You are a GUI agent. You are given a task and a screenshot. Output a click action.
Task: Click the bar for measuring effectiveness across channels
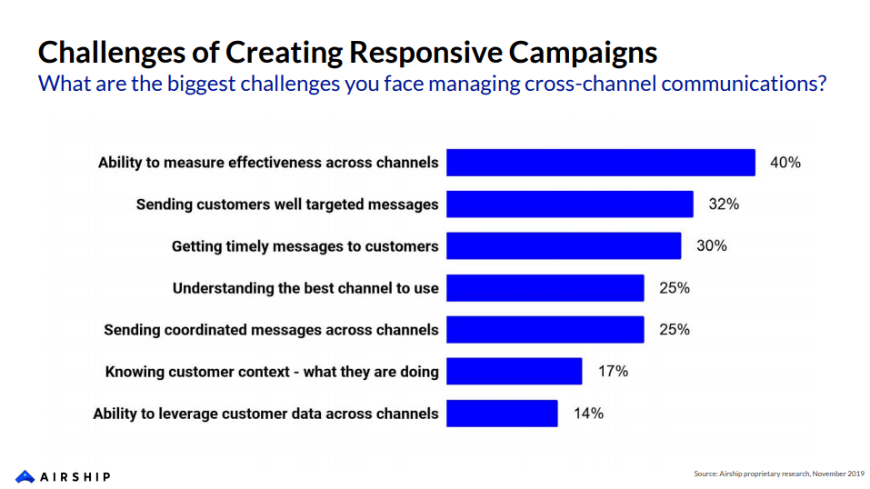pyautogui.click(x=601, y=163)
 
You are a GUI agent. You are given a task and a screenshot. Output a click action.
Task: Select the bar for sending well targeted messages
pyautogui.click(x=570, y=205)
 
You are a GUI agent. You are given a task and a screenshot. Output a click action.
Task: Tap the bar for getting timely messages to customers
pyautogui.click(x=564, y=246)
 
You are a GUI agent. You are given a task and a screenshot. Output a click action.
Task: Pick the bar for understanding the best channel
pyautogui.click(x=545, y=288)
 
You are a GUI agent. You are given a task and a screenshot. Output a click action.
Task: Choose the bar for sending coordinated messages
pyautogui.click(x=545, y=330)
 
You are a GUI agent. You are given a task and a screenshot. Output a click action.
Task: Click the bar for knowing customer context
pyautogui.click(x=515, y=371)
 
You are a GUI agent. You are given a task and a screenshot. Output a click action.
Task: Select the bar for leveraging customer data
pyautogui.click(x=502, y=414)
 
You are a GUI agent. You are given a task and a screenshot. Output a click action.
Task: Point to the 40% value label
pyautogui.click(x=785, y=163)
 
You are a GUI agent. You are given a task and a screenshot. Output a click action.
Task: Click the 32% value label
pyautogui.click(x=724, y=205)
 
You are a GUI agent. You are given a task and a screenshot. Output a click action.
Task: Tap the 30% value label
pyautogui.click(x=711, y=246)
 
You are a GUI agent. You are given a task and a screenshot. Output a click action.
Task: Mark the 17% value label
pyautogui.click(x=613, y=371)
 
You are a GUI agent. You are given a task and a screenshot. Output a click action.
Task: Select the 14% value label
pyautogui.click(x=588, y=414)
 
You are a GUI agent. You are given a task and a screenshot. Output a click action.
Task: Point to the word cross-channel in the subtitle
pyautogui.click(x=583, y=85)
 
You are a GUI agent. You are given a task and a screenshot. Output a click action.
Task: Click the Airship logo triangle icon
pyautogui.click(x=25, y=475)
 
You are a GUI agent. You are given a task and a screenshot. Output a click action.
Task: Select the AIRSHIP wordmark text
pyautogui.click(x=76, y=476)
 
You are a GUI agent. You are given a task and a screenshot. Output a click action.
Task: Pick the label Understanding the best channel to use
pyautogui.click(x=305, y=288)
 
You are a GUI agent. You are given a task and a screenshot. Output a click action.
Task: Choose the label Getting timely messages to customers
pyautogui.click(x=305, y=246)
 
